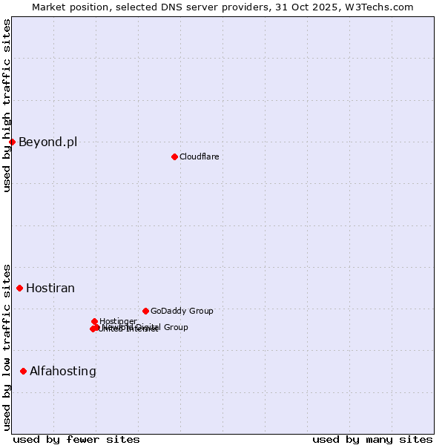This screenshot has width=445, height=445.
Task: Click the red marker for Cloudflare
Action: (174, 156)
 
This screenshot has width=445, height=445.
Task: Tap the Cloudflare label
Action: (199, 156)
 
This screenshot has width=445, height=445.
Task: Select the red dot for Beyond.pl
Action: (12, 142)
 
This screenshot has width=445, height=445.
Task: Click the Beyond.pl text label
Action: (47, 142)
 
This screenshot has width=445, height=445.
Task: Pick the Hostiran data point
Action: (20, 288)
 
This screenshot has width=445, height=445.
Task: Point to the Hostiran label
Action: (50, 289)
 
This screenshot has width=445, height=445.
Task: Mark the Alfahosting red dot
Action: (24, 371)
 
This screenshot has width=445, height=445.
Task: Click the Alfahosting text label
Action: (63, 372)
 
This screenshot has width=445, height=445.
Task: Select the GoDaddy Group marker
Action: (145, 311)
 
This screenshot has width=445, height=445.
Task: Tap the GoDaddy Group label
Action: (182, 311)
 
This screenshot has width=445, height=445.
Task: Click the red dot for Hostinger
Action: (95, 321)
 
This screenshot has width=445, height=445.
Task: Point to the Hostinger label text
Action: (118, 321)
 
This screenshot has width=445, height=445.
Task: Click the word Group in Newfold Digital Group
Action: (175, 327)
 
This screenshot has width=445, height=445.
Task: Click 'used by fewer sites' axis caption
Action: (76, 439)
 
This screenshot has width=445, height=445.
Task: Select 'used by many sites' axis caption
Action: (372, 439)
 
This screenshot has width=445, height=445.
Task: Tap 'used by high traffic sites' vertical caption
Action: (7, 105)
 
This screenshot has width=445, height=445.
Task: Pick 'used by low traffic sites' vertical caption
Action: (7, 346)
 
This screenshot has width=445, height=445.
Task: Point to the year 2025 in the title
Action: (333, 7)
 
